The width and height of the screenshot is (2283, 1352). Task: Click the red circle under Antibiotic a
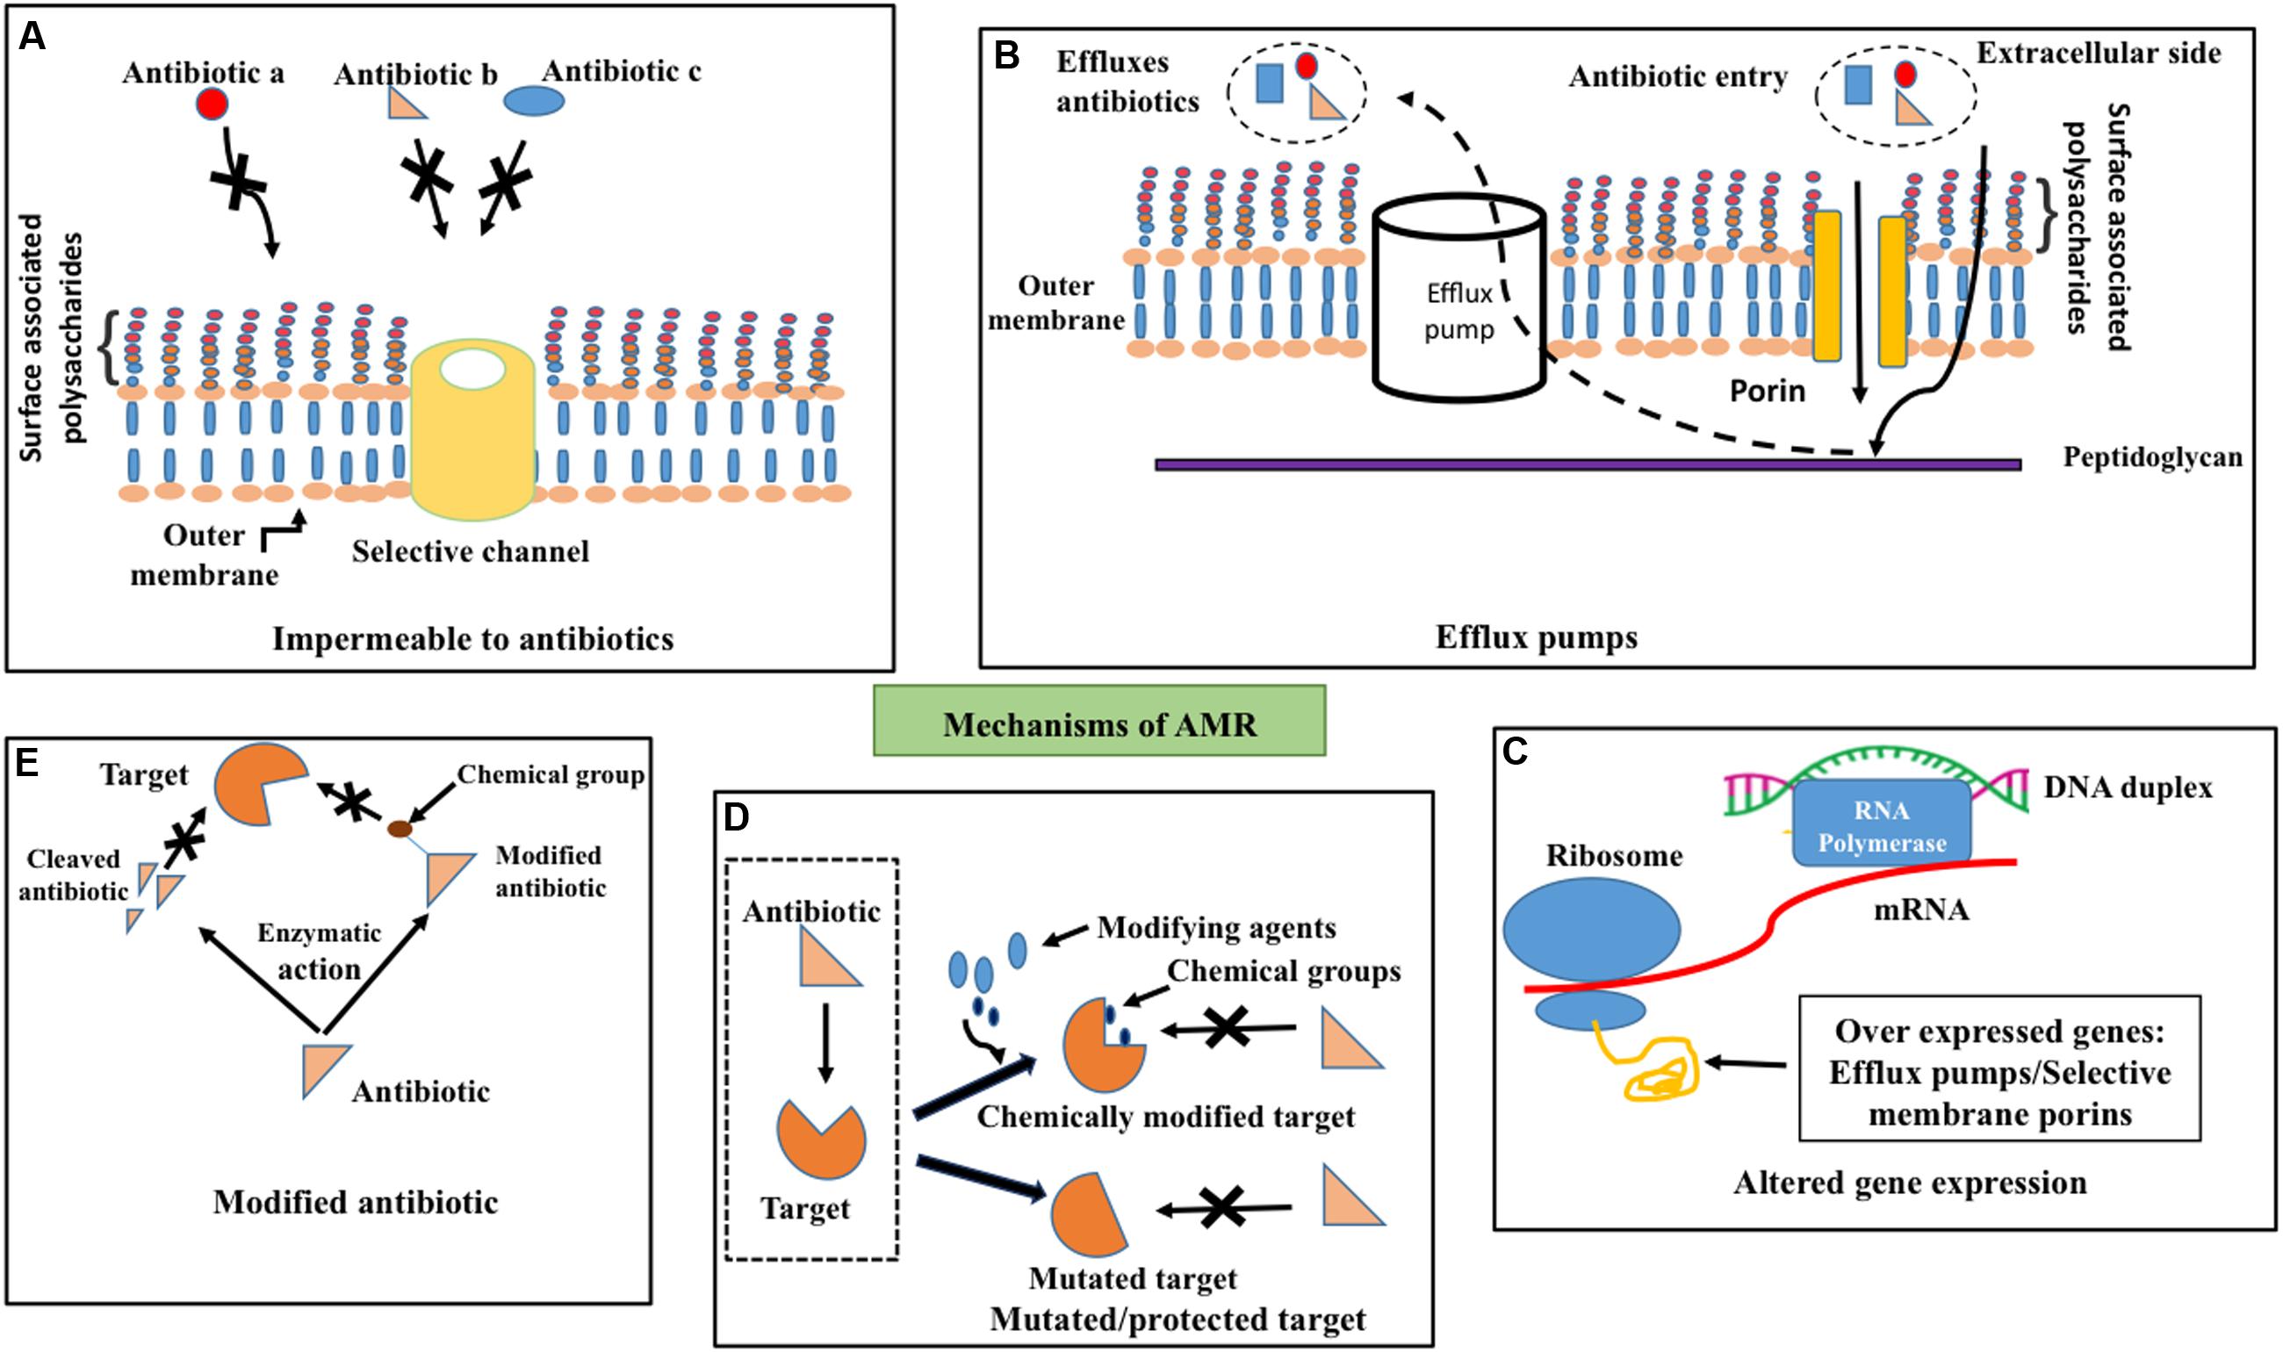(x=212, y=104)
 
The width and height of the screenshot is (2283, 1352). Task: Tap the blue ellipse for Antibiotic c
(x=535, y=101)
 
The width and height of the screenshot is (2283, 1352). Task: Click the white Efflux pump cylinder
(x=1458, y=300)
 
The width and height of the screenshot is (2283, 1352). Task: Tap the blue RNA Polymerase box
(x=1882, y=823)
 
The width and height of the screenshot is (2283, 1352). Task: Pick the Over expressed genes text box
(x=1999, y=1068)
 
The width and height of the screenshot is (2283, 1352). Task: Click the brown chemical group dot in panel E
(x=399, y=829)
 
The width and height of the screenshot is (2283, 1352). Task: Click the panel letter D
(x=735, y=818)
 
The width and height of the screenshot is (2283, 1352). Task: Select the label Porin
(x=1768, y=391)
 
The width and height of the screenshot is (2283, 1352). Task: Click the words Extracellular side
(x=2098, y=53)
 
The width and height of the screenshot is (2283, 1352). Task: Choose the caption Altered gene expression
(x=1910, y=1183)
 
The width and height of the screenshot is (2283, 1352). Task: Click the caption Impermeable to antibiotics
(x=472, y=638)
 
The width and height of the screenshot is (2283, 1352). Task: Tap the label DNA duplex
(x=2128, y=787)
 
